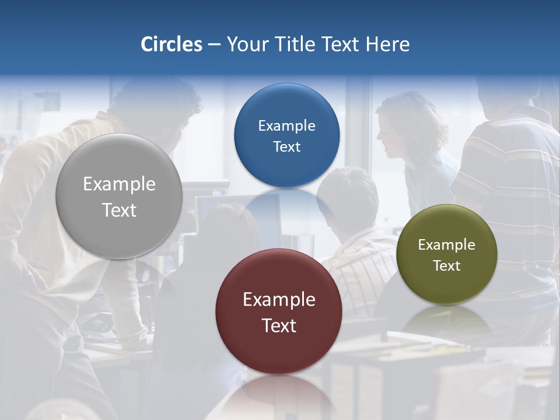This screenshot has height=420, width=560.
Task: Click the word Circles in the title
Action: [171, 44]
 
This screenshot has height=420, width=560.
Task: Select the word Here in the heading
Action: [388, 44]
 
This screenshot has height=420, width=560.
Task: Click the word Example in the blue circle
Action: [287, 126]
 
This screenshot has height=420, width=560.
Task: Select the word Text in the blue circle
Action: [287, 147]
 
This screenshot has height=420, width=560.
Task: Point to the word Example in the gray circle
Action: [119, 184]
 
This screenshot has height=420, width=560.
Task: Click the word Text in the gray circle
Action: [119, 210]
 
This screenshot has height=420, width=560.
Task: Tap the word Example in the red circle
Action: [279, 300]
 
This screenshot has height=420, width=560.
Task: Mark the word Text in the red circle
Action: [279, 325]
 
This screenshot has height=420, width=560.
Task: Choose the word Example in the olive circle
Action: [447, 245]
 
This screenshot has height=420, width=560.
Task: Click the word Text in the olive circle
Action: [447, 266]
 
